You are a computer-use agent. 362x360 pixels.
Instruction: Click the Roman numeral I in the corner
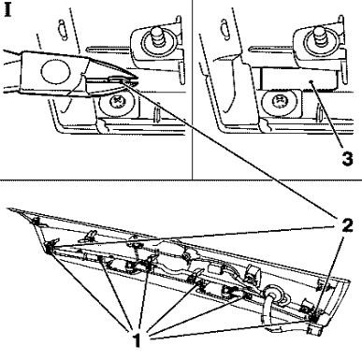[x=8, y=9]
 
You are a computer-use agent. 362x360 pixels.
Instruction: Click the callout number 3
[x=347, y=158]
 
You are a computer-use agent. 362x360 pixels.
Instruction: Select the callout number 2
[x=347, y=225]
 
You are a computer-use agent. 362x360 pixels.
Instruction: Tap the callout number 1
[x=138, y=340]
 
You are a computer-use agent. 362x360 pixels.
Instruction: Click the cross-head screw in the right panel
[x=279, y=101]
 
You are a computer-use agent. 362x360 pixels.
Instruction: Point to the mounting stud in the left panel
[x=157, y=36]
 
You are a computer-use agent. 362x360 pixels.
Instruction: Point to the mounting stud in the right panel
[x=319, y=36]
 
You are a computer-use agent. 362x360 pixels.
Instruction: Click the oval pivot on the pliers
[x=55, y=71]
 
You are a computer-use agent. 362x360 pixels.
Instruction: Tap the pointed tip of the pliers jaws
[x=138, y=79]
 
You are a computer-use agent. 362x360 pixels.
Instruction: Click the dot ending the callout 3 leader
[x=311, y=81]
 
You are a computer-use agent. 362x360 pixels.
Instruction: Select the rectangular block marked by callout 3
[x=299, y=79]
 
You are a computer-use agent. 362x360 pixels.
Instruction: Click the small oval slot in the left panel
[x=63, y=30]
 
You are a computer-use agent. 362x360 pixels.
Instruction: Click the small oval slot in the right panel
[x=224, y=29]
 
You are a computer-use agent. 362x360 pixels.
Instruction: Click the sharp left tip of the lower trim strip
[x=7, y=209]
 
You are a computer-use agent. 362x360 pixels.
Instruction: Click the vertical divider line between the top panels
[x=193, y=90]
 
